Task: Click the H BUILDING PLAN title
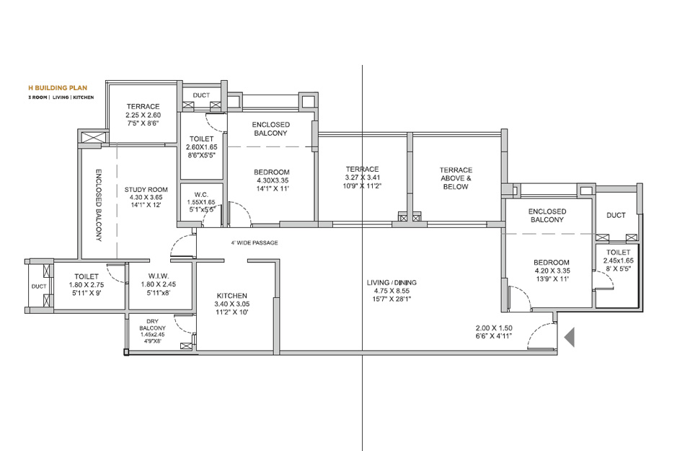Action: coord(58,87)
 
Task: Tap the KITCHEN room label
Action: coord(232,296)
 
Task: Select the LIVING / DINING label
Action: coord(392,282)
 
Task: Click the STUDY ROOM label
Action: coord(146,189)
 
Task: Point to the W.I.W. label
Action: coord(159,276)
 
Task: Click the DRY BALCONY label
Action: coord(152,325)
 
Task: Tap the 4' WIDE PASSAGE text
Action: coord(255,242)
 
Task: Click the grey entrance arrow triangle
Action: coord(570,338)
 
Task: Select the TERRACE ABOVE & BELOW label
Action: coord(456,178)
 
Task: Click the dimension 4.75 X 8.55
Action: coord(392,291)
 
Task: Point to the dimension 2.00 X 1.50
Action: coord(494,328)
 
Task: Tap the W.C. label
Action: coord(202,195)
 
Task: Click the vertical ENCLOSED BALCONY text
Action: coord(99,205)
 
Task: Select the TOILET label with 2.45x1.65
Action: coord(619,253)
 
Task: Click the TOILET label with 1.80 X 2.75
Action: coord(87,276)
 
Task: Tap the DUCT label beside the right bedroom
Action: coord(616,215)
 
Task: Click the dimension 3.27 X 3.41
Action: coord(362,178)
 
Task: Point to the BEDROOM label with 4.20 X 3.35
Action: coord(552,263)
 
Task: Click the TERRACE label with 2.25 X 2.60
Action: coord(143,107)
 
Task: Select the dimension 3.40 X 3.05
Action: coord(232,304)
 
